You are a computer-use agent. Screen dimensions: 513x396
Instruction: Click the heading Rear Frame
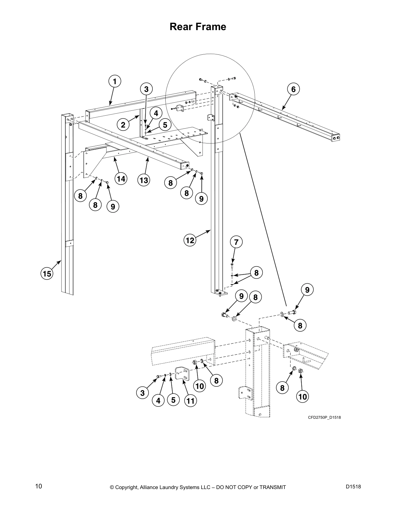point(198,27)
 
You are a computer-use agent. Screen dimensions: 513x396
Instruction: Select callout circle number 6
point(293,89)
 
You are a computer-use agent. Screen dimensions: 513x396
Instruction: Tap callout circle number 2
point(123,124)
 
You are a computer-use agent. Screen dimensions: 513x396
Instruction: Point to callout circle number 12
point(190,240)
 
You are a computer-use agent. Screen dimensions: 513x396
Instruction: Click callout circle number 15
point(47,274)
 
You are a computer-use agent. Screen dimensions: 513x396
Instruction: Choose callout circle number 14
point(121,179)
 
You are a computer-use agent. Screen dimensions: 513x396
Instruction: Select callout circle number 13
point(144,180)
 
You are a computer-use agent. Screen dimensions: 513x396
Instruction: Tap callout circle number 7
point(236,242)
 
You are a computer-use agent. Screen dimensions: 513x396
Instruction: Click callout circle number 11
point(191,401)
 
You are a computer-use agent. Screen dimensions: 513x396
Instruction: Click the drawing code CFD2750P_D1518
point(324,417)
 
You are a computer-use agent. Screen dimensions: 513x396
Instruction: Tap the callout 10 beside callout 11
point(200,386)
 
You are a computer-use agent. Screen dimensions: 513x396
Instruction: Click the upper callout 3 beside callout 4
point(146,89)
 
